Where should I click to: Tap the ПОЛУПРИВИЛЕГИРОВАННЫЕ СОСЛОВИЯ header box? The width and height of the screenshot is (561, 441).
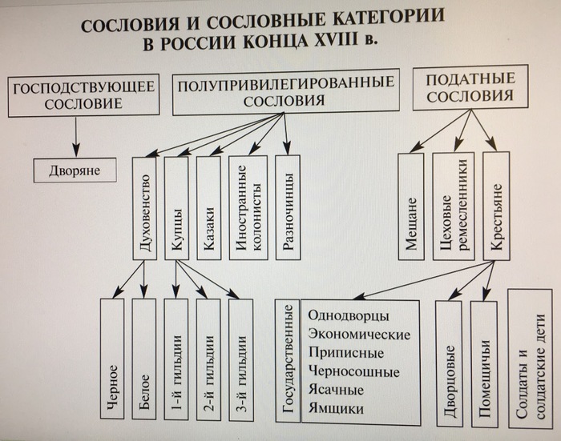pos(286,92)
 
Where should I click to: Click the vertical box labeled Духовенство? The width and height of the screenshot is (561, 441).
pos(144,206)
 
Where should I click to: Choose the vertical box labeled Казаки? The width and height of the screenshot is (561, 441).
pos(208,206)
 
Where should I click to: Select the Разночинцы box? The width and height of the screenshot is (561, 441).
pos(287,206)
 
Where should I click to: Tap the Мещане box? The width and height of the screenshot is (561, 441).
pos(411,206)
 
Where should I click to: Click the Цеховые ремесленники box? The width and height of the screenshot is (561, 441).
pos(453,206)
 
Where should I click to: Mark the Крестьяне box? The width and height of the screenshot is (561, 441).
pos(497,206)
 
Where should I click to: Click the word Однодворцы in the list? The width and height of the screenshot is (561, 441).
pos(349,314)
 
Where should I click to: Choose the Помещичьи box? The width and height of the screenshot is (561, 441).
pos(484,364)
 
